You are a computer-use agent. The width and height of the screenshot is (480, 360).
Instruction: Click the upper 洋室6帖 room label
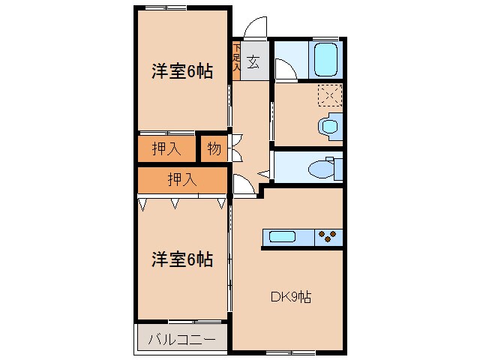click(x=181, y=72)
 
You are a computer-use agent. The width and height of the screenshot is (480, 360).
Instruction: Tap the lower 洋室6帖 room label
click(x=181, y=260)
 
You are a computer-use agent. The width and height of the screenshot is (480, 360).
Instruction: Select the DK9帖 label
click(x=290, y=296)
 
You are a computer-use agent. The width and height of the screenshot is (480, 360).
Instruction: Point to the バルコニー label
click(x=181, y=339)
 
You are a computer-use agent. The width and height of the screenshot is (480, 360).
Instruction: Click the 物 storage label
click(x=214, y=148)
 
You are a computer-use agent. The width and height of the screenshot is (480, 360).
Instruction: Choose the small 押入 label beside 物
click(x=166, y=148)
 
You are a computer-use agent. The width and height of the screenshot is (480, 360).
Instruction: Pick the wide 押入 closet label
click(x=181, y=179)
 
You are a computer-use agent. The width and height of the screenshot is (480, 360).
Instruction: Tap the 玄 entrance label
click(x=254, y=62)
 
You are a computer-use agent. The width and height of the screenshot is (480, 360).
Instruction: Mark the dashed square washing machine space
click(x=329, y=95)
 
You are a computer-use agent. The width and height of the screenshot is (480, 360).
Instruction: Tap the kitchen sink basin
click(x=283, y=238)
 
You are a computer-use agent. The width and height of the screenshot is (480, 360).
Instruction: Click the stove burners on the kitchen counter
click(x=328, y=238)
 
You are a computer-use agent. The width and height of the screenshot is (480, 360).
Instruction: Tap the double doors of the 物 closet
click(x=235, y=148)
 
